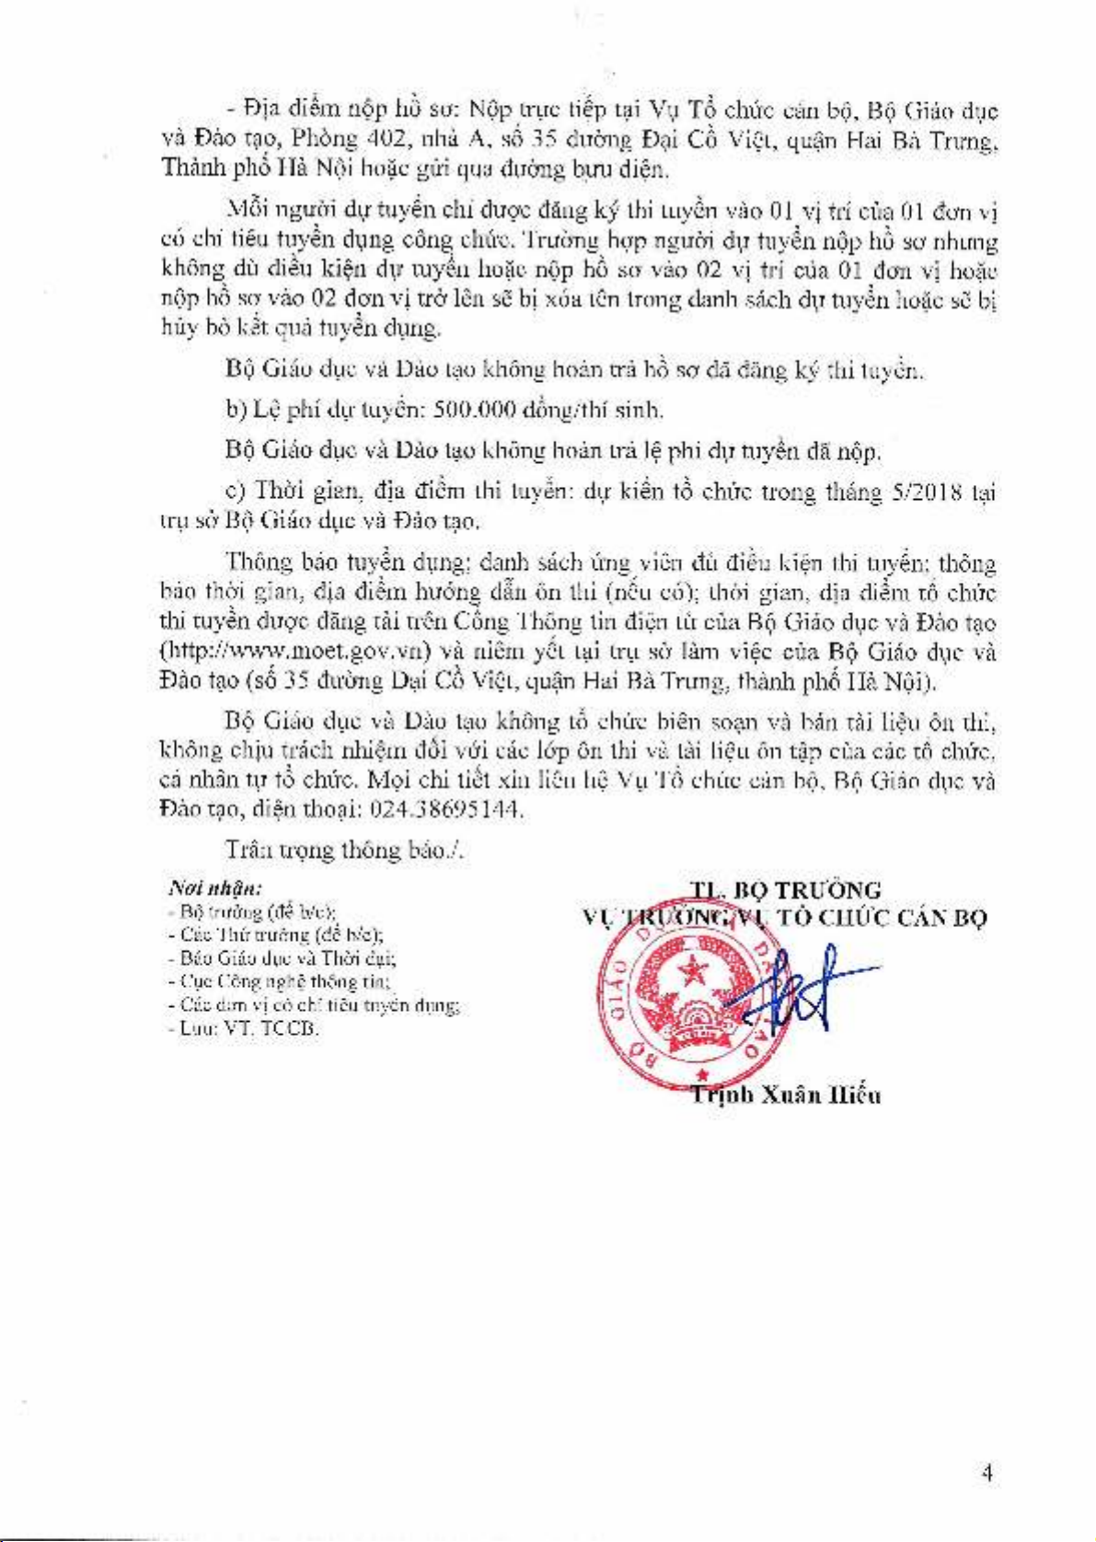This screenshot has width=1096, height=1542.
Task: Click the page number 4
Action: tap(986, 1473)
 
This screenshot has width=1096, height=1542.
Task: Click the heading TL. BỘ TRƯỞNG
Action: tap(785, 890)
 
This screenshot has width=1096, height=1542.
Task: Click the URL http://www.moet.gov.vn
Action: tap(295, 651)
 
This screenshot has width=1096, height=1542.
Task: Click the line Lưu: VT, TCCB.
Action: tap(245, 1028)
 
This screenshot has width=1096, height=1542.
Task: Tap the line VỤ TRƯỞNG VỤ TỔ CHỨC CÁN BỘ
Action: tap(785, 918)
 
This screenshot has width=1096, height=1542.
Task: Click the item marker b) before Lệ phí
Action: tap(235, 410)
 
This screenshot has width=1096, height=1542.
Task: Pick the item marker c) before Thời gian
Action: tap(235, 492)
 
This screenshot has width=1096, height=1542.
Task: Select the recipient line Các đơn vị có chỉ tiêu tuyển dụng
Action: tap(315, 1005)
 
